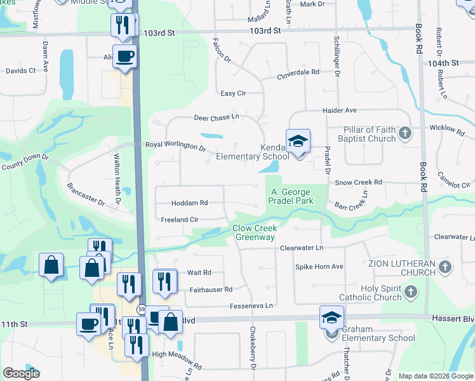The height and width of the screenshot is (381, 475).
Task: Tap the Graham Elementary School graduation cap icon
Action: pyautogui.click(x=331, y=317)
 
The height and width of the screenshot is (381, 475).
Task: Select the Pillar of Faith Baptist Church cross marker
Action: pyautogui.click(x=406, y=134)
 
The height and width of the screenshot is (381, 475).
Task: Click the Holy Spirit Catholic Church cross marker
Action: pyautogui.click(x=411, y=292)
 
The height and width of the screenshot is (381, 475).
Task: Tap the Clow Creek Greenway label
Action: pyautogui.click(x=255, y=232)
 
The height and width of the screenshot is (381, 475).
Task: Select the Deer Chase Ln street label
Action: pyautogui.click(x=217, y=117)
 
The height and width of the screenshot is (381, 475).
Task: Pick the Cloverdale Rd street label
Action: pyautogui.click(x=297, y=73)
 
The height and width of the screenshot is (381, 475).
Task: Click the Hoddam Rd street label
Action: pyautogui.click(x=189, y=203)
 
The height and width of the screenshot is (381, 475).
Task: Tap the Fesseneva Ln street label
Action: pyautogui.click(x=251, y=305)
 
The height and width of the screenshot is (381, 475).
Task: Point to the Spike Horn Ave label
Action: pyautogui.click(x=319, y=267)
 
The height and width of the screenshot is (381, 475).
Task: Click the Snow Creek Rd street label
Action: pyautogui.click(x=359, y=182)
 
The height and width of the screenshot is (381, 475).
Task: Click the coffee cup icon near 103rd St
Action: pyautogui.click(x=124, y=56)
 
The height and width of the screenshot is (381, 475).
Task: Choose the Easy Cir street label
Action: pyautogui.click(x=232, y=93)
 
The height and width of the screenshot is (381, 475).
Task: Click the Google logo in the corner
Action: pyautogui.click(x=21, y=373)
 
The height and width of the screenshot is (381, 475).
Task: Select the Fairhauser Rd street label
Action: pyautogui.click(x=211, y=289)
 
